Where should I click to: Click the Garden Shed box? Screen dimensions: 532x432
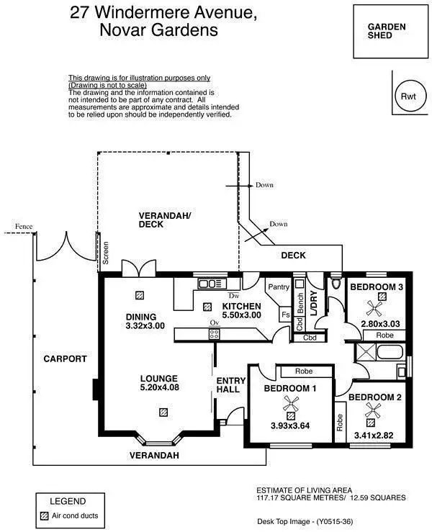point(387,32)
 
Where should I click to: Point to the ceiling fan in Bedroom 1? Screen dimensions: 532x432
point(291,410)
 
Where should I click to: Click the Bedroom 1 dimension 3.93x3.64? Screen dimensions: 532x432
point(291,425)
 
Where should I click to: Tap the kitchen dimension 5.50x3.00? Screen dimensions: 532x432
point(241,315)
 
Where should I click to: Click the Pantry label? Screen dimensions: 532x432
point(278,287)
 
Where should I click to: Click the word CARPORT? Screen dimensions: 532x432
point(64,359)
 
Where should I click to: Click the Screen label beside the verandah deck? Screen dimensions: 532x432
point(105,253)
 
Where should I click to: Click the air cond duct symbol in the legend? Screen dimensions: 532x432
point(45,515)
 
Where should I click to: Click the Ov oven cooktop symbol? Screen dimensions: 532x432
point(214,333)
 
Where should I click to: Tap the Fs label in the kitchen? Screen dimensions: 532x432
point(285,315)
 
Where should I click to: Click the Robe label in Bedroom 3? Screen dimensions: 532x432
point(384,335)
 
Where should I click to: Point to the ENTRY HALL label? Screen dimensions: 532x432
point(228,385)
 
